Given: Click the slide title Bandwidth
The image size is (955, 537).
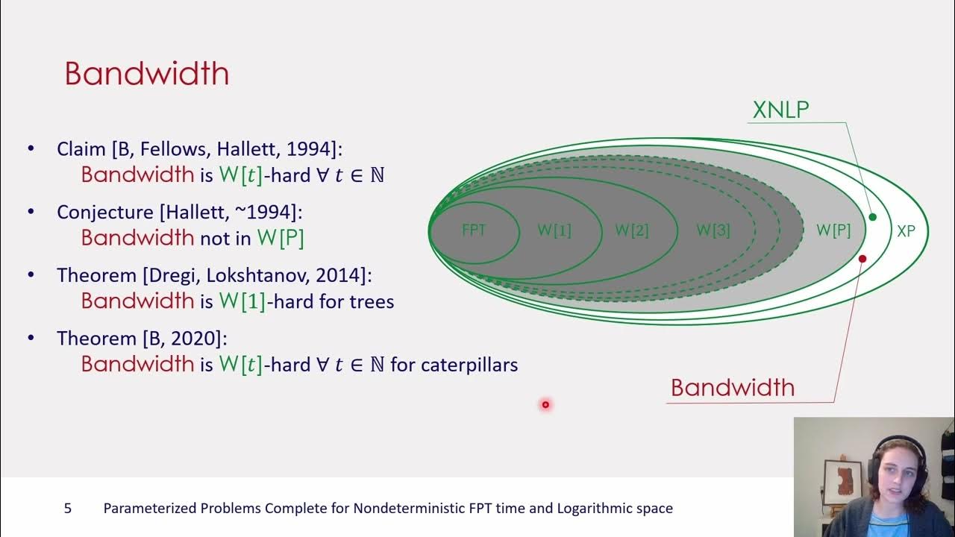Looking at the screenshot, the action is [x=147, y=74].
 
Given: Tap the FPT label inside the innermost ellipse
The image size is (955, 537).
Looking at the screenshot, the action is [x=474, y=230].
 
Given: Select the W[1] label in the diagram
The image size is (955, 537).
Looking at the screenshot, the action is [x=554, y=230].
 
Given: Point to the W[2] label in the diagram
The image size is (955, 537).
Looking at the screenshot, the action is [x=632, y=230].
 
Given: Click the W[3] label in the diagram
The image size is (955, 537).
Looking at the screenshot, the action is [x=713, y=230].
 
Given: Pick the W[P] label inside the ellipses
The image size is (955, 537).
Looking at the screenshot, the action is [x=833, y=230].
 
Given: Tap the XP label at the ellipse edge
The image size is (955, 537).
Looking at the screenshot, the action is [x=906, y=231].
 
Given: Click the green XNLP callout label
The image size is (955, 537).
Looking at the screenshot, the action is [x=780, y=110].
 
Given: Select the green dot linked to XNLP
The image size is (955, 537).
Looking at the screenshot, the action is [x=873, y=217].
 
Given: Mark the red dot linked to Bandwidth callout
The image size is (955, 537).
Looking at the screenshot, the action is [x=862, y=259].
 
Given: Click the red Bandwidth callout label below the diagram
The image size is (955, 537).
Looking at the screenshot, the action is [x=733, y=387].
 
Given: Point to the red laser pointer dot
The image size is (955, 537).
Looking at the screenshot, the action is [x=545, y=404].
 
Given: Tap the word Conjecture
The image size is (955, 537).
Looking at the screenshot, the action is [x=105, y=213].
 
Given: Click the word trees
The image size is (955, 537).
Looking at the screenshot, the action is [x=372, y=302].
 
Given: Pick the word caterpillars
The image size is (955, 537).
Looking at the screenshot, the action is [x=469, y=365].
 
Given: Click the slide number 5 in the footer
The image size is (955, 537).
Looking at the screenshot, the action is [x=68, y=508].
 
